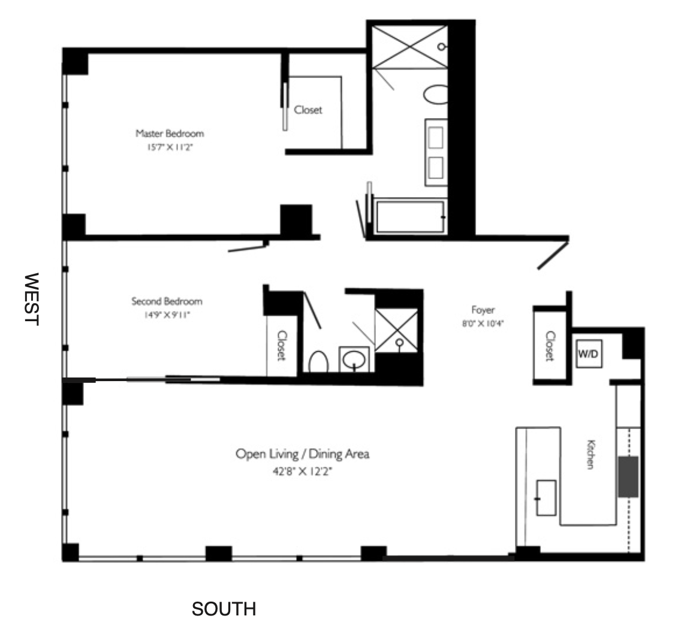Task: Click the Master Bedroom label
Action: tap(170, 133)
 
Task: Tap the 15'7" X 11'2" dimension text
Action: tap(170, 146)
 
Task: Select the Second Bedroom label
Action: tap(167, 301)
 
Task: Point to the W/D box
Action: tap(588, 354)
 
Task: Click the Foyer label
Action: tap(483, 310)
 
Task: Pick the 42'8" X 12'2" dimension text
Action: tap(302, 472)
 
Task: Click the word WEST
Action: tap(31, 299)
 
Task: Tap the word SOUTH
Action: tap(224, 609)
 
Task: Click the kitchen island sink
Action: tap(546, 497)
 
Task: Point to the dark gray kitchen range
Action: tap(628, 476)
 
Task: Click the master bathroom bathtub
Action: tap(410, 217)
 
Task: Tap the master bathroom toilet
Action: tap(436, 95)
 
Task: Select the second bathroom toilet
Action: tap(318, 362)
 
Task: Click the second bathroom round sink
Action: tap(354, 360)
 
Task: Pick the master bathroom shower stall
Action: tap(410, 47)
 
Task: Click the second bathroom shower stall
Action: tap(396, 330)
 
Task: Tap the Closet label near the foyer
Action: tap(550, 346)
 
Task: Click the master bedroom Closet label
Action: tap(308, 110)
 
